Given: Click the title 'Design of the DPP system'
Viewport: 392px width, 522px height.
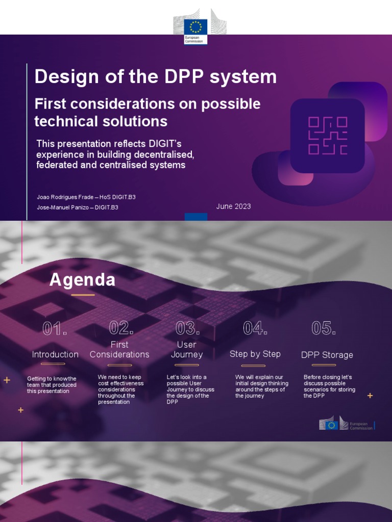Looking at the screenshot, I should click(155, 77).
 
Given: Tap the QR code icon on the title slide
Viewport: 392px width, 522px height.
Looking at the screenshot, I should click(327, 136).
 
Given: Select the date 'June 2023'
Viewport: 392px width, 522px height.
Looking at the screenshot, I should click(233, 206).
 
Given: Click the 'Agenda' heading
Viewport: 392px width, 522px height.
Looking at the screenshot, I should click(82, 280).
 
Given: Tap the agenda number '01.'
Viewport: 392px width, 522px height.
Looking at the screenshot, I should click(55, 329).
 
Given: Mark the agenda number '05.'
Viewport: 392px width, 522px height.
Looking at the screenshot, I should click(323, 328).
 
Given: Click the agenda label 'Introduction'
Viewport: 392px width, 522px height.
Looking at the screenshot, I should click(55, 354).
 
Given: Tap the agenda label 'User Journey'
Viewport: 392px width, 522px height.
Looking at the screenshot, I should click(187, 350).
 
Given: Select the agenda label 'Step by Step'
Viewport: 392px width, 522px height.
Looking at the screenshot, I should click(255, 354).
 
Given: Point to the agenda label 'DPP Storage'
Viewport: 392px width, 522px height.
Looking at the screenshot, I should click(327, 355).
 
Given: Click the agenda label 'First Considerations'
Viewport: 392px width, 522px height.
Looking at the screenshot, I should click(119, 350).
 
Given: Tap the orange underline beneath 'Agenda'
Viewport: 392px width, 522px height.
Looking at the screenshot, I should click(83, 295).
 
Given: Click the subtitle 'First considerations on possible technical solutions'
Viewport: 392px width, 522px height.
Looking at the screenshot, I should click(147, 113).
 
